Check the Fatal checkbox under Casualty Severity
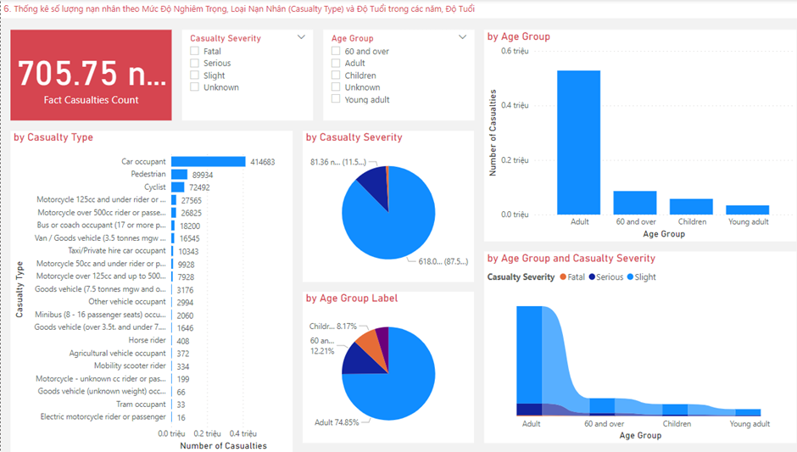195,52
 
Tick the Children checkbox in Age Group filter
337,75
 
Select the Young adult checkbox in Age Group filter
337,99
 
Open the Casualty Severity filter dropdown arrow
301,37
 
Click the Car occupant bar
208,162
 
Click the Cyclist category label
154,187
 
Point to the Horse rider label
147,340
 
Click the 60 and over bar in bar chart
635,203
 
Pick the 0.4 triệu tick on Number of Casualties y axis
514,106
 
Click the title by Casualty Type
53,137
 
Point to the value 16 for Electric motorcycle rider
181,416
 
